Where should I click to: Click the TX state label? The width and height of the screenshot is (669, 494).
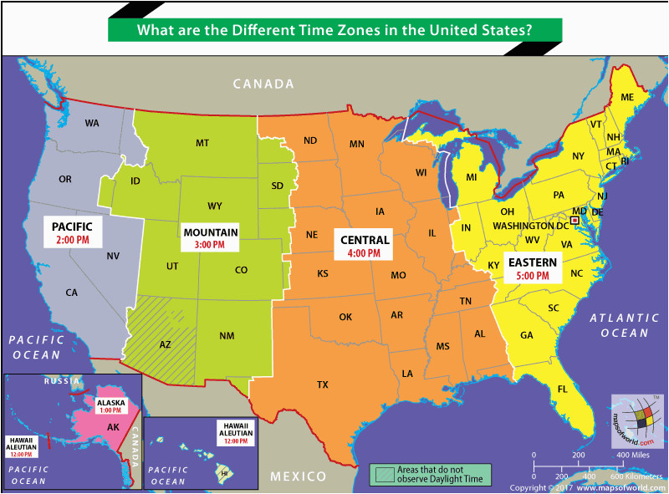click(322, 385)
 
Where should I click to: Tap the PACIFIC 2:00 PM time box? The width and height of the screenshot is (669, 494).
click(77, 232)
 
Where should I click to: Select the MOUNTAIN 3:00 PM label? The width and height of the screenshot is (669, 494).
click(211, 237)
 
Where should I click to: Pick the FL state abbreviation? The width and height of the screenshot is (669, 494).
click(563, 390)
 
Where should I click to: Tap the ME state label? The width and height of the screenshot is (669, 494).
click(627, 98)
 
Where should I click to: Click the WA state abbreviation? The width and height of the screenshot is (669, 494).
click(92, 123)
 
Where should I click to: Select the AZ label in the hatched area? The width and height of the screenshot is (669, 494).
click(165, 344)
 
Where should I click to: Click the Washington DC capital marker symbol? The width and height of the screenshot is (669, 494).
click(575, 220)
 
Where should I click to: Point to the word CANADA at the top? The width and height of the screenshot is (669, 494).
click(263, 84)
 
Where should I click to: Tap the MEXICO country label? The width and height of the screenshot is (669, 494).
click(298, 476)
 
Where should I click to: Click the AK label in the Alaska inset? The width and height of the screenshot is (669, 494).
click(113, 426)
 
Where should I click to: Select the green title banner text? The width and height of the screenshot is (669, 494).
click(334, 29)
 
